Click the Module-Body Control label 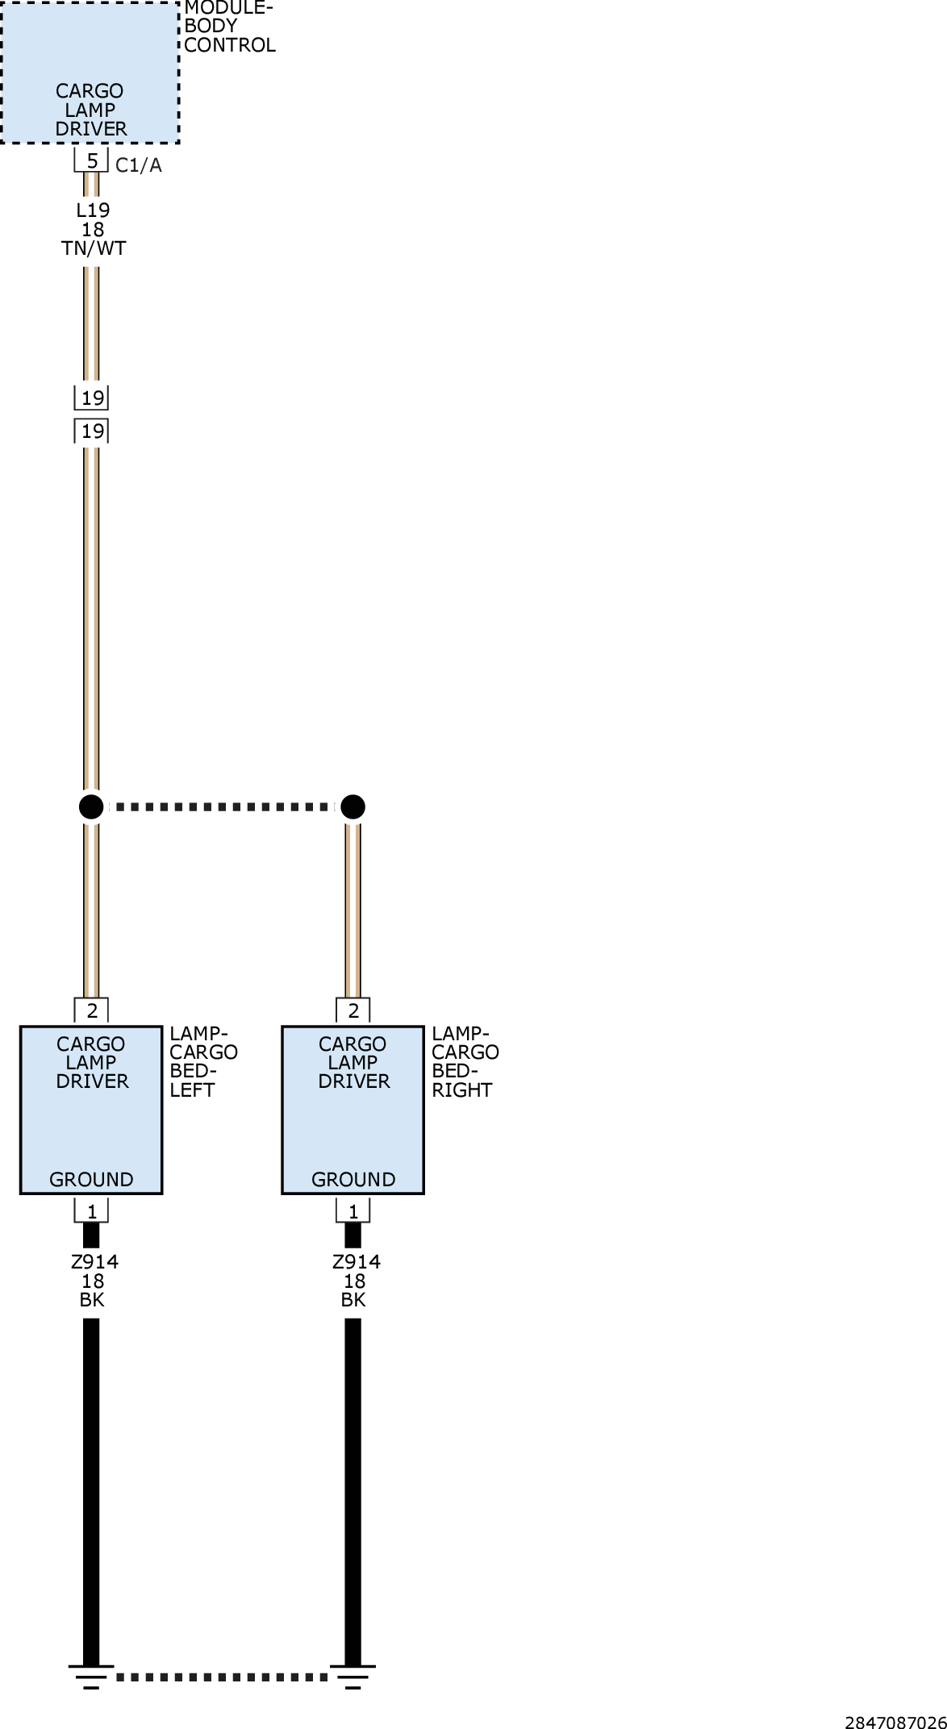coord(230,27)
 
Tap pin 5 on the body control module coord(92,160)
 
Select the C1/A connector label coord(139,165)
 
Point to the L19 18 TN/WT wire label coord(94,229)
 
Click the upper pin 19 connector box coord(92,398)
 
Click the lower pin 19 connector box coord(92,431)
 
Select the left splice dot coord(91,806)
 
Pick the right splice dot coord(353,806)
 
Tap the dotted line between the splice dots coord(222,806)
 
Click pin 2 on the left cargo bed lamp coord(92,1010)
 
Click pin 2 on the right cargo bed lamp coord(353,1010)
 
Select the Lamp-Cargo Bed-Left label coord(203,1061)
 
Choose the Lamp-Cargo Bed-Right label coord(465,1061)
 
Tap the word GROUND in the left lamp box coord(91,1180)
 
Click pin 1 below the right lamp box coord(353,1210)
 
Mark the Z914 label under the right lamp coord(356,1262)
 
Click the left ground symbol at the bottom coord(91,1676)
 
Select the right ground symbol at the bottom coord(353,1676)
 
